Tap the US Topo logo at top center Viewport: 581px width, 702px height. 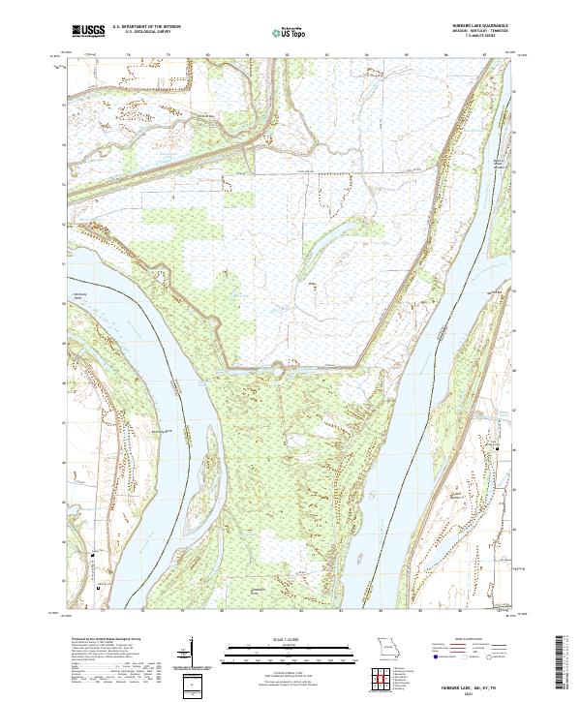[x=288, y=32]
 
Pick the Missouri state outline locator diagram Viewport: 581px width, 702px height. [x=386, y=648]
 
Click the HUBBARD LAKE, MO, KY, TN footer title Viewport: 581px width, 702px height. [x=464, y=682]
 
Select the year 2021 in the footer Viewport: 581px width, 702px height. [x=464, y=688]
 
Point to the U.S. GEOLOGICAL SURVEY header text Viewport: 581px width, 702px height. [x=145, y=32]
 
